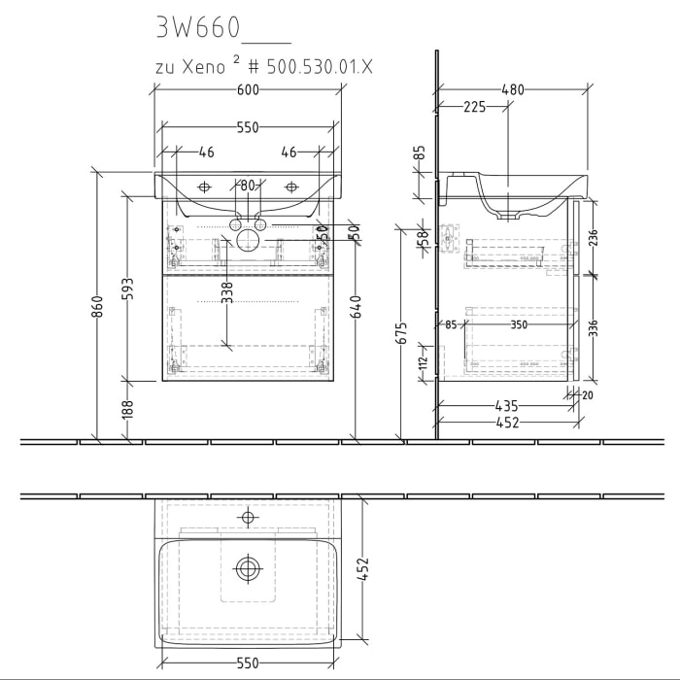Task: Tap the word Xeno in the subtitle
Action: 201,67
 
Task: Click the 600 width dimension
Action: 248,90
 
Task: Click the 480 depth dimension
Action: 512,90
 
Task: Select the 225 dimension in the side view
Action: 474,108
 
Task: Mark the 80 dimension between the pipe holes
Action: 248,185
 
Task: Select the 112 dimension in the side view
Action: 422,362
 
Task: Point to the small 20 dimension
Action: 587,394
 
